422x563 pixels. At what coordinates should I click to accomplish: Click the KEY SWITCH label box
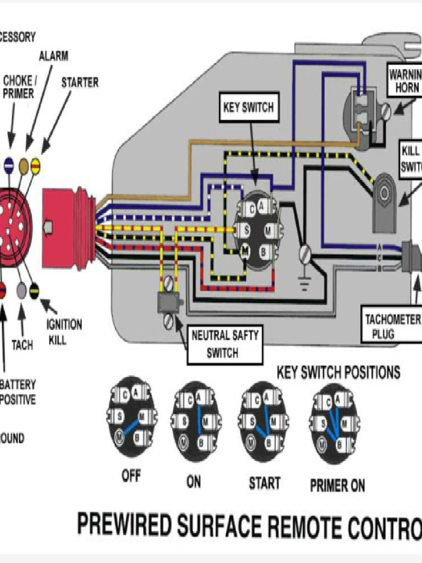(248, 108)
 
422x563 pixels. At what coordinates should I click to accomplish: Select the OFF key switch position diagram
(131, 416)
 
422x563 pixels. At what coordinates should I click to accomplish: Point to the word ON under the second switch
(193, 482)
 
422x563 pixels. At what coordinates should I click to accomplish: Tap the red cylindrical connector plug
(68, 229)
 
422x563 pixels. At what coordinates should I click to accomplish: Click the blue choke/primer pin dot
(9, 164)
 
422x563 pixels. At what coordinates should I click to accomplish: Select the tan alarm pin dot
(24, 164)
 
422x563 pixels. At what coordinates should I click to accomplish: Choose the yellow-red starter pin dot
(35, 163)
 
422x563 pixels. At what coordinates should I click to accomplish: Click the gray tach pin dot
(21, 291)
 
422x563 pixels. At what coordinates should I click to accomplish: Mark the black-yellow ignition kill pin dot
(34, 291)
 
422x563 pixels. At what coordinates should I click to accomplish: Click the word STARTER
(80, 82)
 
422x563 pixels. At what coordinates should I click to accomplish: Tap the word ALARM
(54, 56)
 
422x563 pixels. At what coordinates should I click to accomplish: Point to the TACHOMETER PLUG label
(392, 326)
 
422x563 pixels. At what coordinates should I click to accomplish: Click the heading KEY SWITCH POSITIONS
(338, 373)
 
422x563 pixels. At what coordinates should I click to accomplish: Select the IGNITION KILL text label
(64, 332)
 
